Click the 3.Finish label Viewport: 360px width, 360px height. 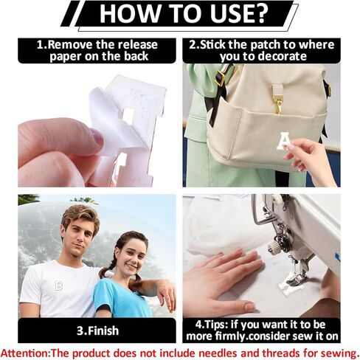[x=97, y=330]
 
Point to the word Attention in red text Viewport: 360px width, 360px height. [x=24, y=353]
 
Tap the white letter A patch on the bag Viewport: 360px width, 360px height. [x=283, y=141]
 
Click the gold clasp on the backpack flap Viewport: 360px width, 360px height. [x=278, y=99]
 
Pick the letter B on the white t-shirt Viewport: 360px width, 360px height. [x=58, y=285]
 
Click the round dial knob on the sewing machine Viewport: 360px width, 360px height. [x=273, y=246]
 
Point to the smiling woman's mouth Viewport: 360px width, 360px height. [x=132, y=267]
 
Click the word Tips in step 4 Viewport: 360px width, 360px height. [x=215, y=325]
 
